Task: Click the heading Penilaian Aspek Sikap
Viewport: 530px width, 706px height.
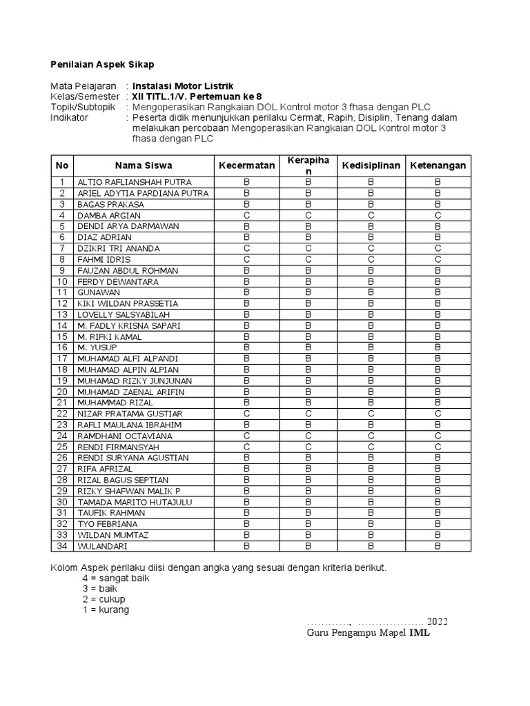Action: pos(101,64)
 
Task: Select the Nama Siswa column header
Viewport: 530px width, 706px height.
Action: pos(144,165)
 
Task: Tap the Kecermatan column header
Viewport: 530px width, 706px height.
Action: pos(246,165)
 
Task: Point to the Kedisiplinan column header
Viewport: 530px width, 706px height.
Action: pos(371,165)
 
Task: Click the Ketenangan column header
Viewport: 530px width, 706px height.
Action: pos(438,165)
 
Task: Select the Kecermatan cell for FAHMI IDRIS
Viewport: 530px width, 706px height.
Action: pos(246,259)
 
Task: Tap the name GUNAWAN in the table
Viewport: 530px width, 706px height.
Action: pos(98,292)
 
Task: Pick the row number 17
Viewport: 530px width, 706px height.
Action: pos(62,359)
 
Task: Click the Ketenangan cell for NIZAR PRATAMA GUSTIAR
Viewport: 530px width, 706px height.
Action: pos(438,414)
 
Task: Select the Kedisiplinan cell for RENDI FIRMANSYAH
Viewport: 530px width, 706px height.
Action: pos(371,447)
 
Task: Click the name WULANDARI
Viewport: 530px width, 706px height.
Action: pos(102,546)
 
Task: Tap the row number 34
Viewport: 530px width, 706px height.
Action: pos(62,546)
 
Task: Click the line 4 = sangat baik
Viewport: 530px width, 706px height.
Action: pos(116,578)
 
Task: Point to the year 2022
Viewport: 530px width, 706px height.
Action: pos(436,621)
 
